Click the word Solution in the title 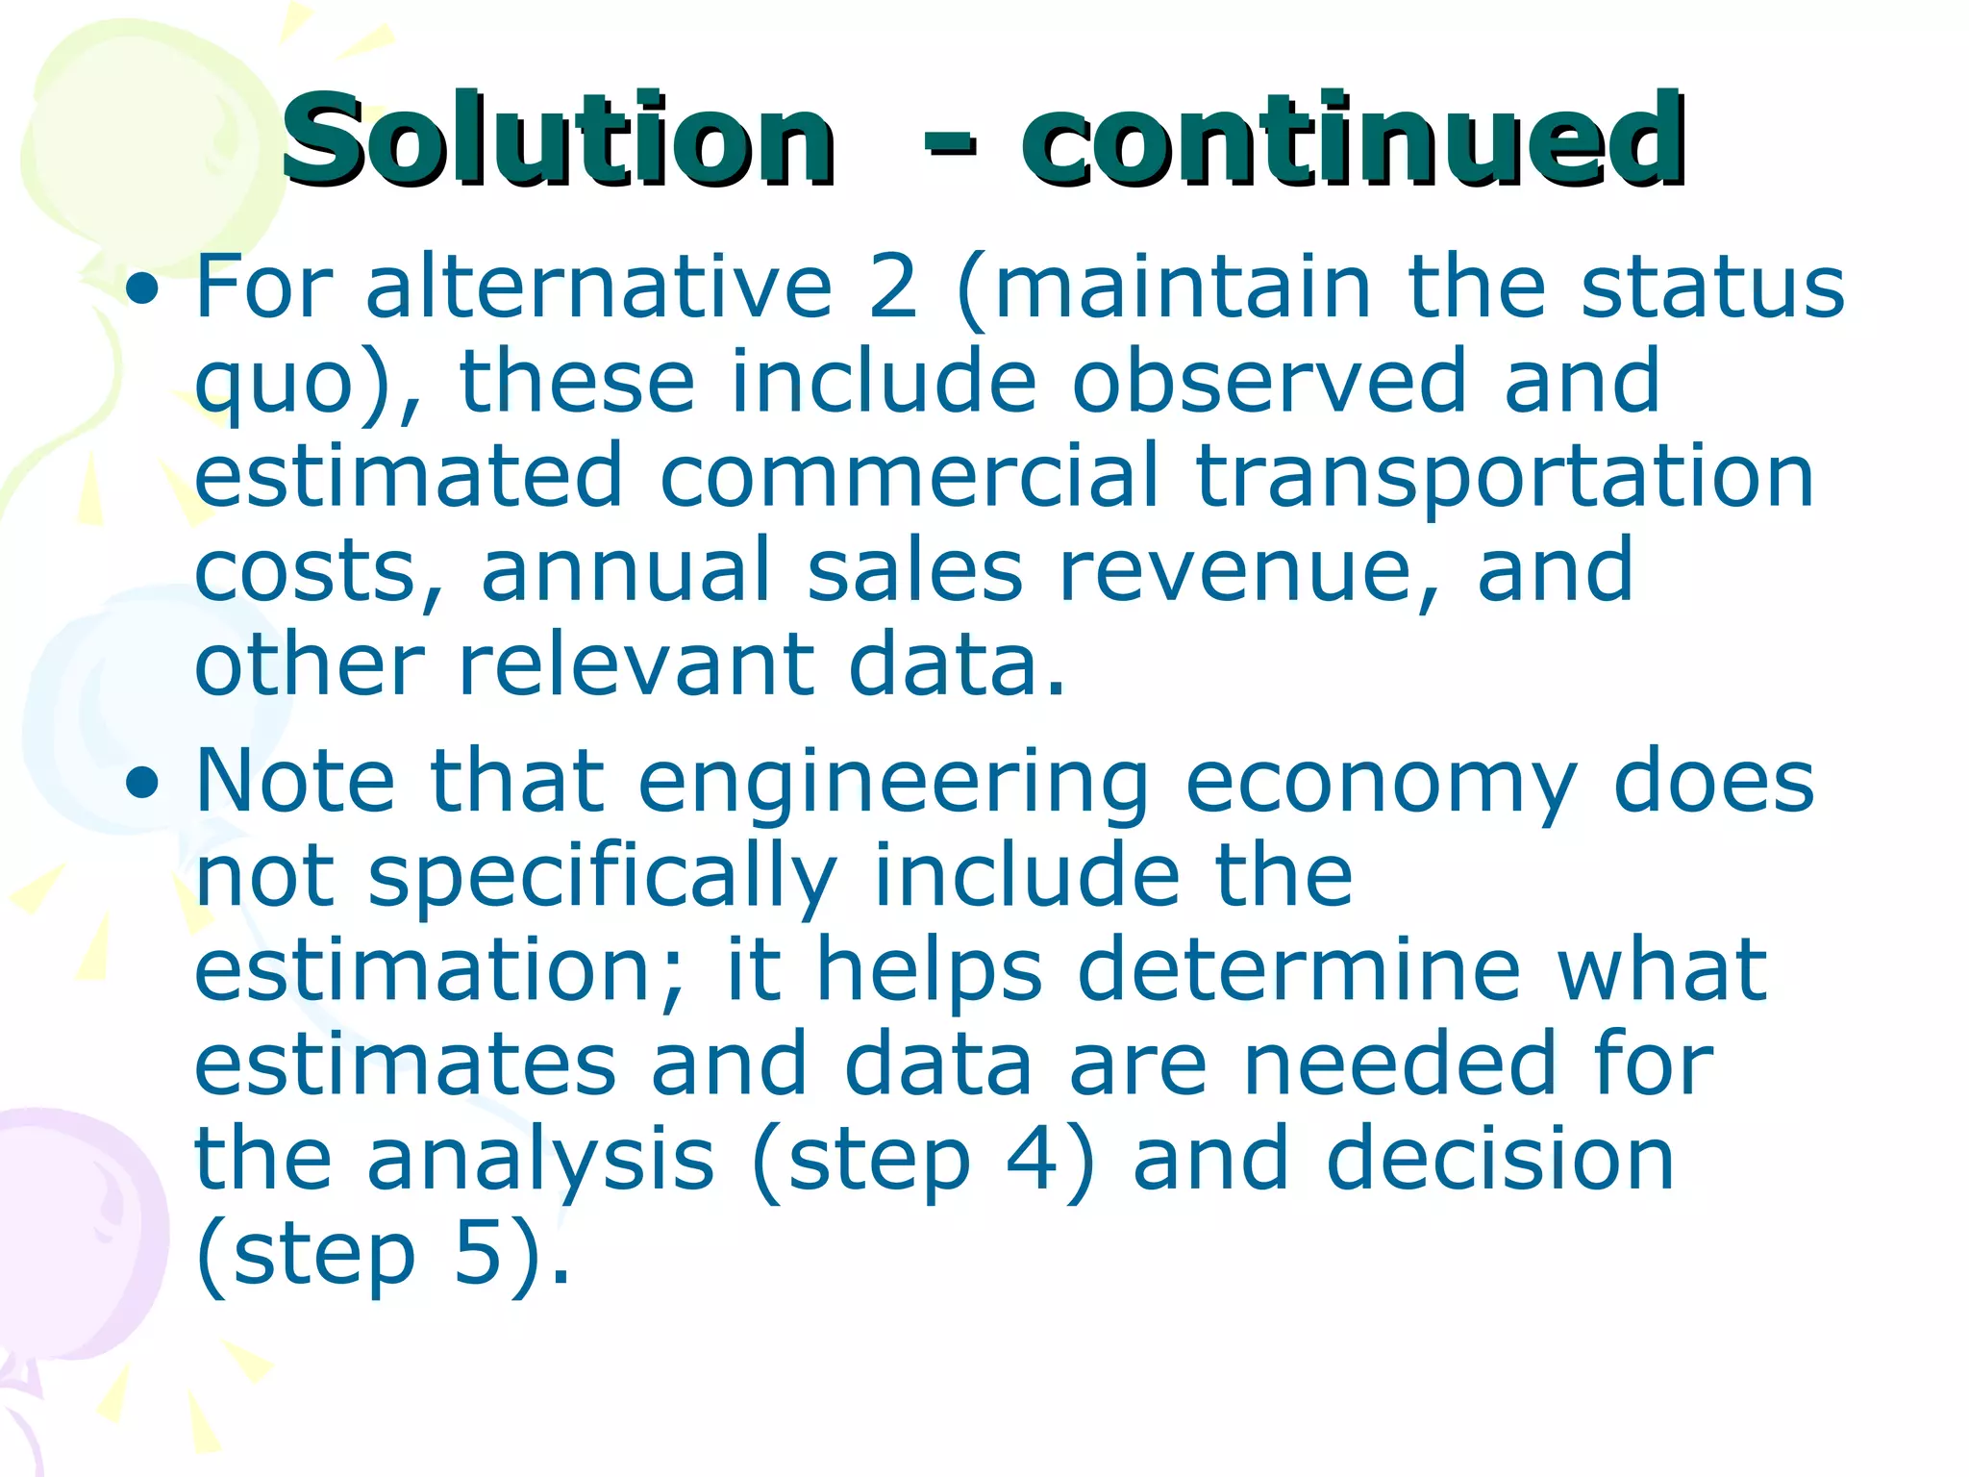coord(558,139)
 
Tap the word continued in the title coord(1352,139)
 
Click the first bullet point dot coord(142,289)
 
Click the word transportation coord(1505,476)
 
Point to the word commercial coord(910,476)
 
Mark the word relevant coord(635,665)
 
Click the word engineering coord(893,785)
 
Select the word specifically coord(602,879)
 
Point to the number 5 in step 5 coord(479,1254)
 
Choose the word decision coord(1500,1160)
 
